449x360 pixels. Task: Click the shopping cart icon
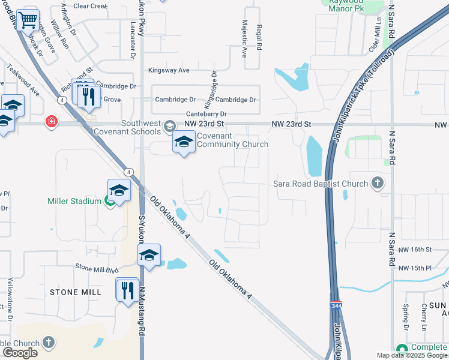tap(28, 20)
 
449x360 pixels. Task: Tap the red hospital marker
tap(52, 122)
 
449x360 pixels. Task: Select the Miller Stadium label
tap(74, 201)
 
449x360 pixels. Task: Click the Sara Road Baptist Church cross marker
tap(377, 183)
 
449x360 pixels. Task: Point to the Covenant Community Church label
tap(232, 140)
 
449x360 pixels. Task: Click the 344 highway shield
tap(336, 306)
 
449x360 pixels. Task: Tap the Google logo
tap(20, 353)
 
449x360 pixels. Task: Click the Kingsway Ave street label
tap(169, 70)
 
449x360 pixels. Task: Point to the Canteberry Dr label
tap(206, 113)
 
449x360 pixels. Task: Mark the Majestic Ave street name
tap(244, 43)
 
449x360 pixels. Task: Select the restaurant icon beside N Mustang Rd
tap(127, 291)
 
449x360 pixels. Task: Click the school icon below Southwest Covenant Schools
tap(184, 142)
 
